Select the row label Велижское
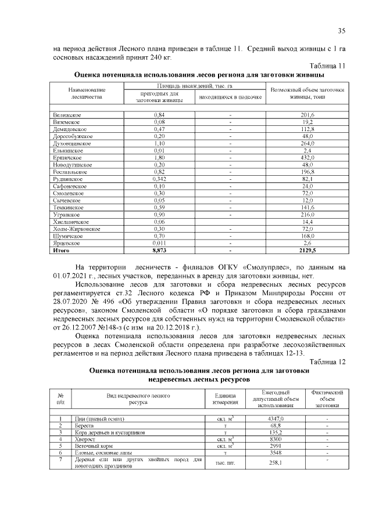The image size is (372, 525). tap(66, 115)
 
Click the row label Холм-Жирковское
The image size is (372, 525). tap(76, 229)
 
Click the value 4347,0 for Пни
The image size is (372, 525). tap(274, 418)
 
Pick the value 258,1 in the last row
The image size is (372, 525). tap(274, 462)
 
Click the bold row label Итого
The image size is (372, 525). tap(61, 251)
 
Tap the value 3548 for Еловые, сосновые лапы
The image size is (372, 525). tap(274, 453)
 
